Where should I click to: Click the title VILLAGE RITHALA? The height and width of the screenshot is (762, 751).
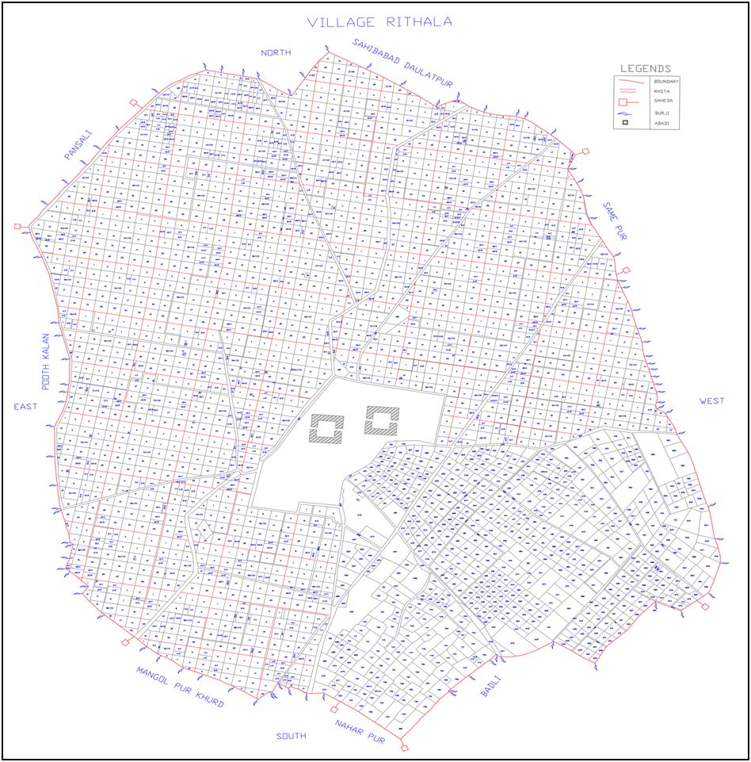tap(380, 22)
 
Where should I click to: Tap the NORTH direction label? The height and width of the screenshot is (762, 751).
tap(276, 52)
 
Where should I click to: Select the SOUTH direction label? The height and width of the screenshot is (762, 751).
tap(291, 736)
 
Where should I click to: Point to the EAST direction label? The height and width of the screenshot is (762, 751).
tap(25, 407)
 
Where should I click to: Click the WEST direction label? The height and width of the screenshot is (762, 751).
tap(711, 401)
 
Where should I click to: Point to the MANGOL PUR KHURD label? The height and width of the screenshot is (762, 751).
tap(180, 687)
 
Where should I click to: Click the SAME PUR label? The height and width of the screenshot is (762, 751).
tap(614, 221)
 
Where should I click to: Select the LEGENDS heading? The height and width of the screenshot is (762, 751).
tap(646, 69)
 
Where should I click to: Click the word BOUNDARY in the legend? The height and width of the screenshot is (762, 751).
tap(665, 81)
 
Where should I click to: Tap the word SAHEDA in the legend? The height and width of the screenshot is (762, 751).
tap(661, 101)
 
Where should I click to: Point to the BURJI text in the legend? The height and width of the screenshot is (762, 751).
tap(661, 113)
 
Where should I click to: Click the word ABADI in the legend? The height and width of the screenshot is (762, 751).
tap(661, 123)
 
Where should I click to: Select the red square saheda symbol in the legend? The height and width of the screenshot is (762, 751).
tap(623, 101)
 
